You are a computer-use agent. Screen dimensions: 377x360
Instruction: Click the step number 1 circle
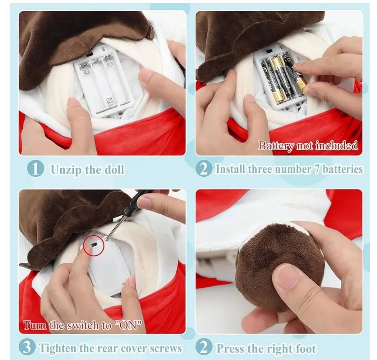[x=36, y=169]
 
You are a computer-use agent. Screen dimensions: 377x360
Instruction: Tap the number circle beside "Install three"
[x=204, y=169]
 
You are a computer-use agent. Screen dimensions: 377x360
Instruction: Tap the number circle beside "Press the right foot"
[x=204, y=347]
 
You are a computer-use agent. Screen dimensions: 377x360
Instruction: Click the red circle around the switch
[x=93, y=245]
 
